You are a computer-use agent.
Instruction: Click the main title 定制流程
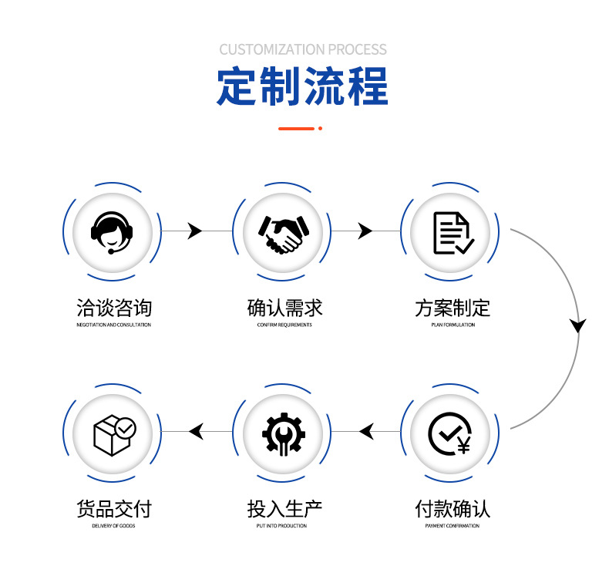pyautogui.click(x=303, y=86)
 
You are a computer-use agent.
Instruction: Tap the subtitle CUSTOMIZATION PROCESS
pyautogui.click(x=303, y=49)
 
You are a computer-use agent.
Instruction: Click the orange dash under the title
pyautogui.click(x=296, y=128)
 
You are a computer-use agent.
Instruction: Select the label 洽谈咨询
pyautogui.click(x=114, y=308)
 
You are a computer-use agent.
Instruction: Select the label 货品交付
pyautogui.click(x=114, y=509)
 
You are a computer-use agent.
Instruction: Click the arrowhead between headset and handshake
pyautogui.click(x=194, y=231)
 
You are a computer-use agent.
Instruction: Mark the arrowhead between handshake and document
pyautogui.click(x=365, y=231)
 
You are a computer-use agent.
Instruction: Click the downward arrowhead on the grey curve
pyautogui.click(x=577, y=325)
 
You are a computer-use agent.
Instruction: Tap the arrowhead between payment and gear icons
pyautogui.click(x=367, y=432)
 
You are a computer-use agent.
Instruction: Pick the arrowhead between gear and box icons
pyautogui.click(x=197, y=432)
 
